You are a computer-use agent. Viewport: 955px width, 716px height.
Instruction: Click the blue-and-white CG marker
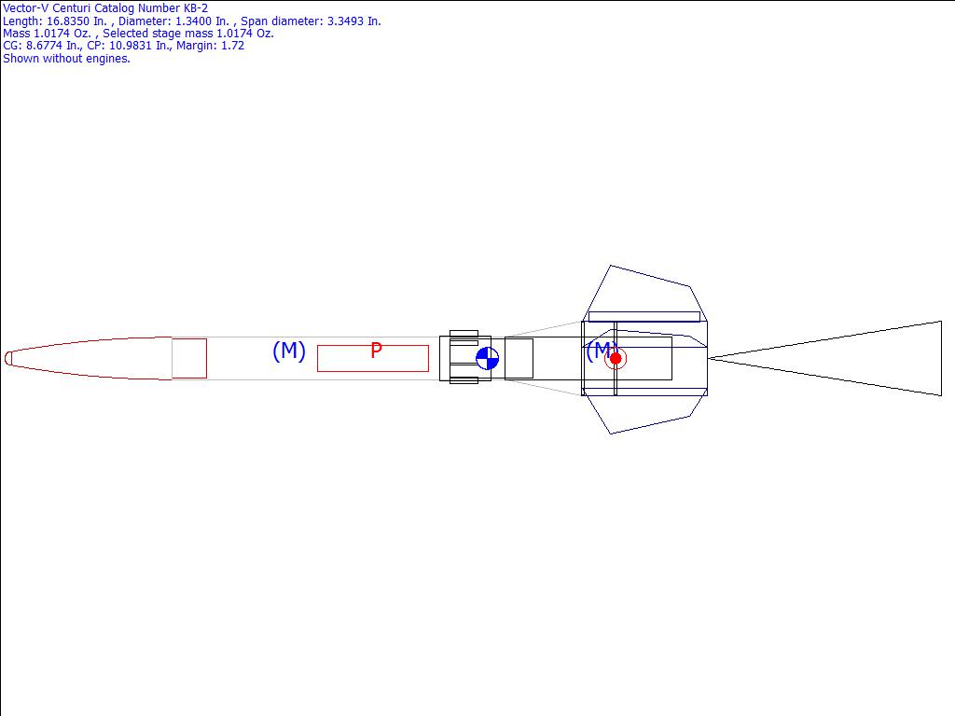[x=487, y=359]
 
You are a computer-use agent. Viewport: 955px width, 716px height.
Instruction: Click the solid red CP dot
[x=616, y=359]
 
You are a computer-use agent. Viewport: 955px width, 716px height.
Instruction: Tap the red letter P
[x=377, y=351]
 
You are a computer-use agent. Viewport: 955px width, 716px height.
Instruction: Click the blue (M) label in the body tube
[x=289, y=351]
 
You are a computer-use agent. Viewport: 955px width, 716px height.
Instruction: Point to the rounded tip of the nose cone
[x=7, y=359]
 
